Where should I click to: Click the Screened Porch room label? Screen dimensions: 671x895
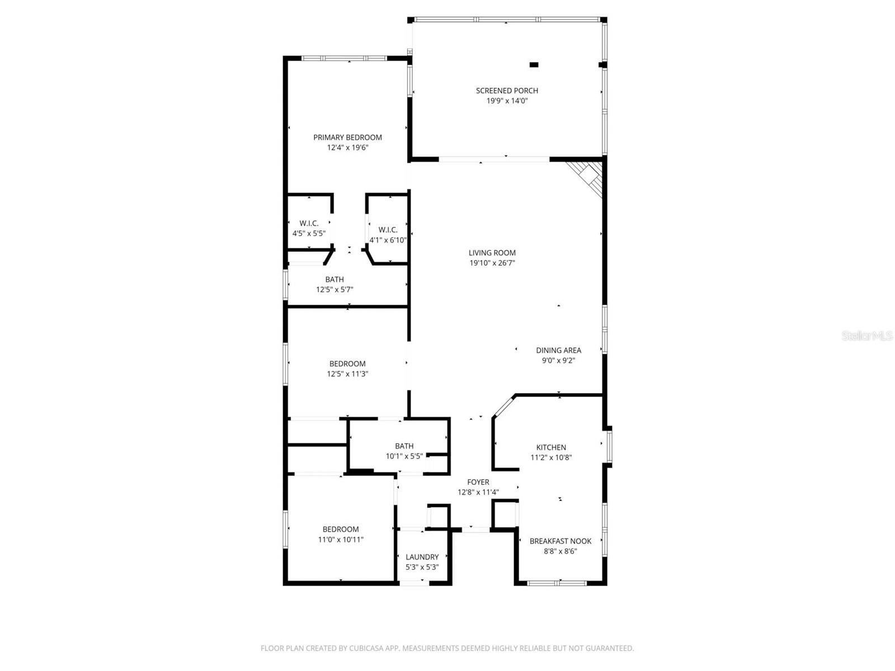coord(507,91)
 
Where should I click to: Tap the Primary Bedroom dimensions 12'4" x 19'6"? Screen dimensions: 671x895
coord(347,148)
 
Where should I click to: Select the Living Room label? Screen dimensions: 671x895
coord(492,253)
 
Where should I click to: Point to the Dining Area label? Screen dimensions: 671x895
coord(558,350)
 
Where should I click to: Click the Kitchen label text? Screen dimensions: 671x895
coord(551,447)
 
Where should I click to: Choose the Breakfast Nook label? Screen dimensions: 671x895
coord(560,541)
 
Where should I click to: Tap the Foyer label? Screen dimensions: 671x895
coord(478,482)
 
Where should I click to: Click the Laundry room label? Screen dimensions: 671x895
coord(422,557)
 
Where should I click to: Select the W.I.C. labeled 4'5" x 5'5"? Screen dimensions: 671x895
coord(309,223)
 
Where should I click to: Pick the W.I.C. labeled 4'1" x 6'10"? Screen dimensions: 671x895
coord(388,230)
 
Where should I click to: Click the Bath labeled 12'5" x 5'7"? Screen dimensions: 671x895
coord(335,280)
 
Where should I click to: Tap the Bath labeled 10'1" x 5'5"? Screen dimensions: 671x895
coord(404,446)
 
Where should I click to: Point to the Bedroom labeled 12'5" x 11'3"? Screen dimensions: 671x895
coord(347,363)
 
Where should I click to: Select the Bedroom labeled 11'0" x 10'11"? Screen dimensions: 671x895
coord(341,529)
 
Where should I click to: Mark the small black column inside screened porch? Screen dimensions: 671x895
coord(534,65)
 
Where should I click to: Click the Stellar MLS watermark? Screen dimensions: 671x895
coord(866,335)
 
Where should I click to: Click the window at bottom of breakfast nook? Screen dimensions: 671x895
coord(557,583)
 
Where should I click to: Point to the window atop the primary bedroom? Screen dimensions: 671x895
coord(343,58)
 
